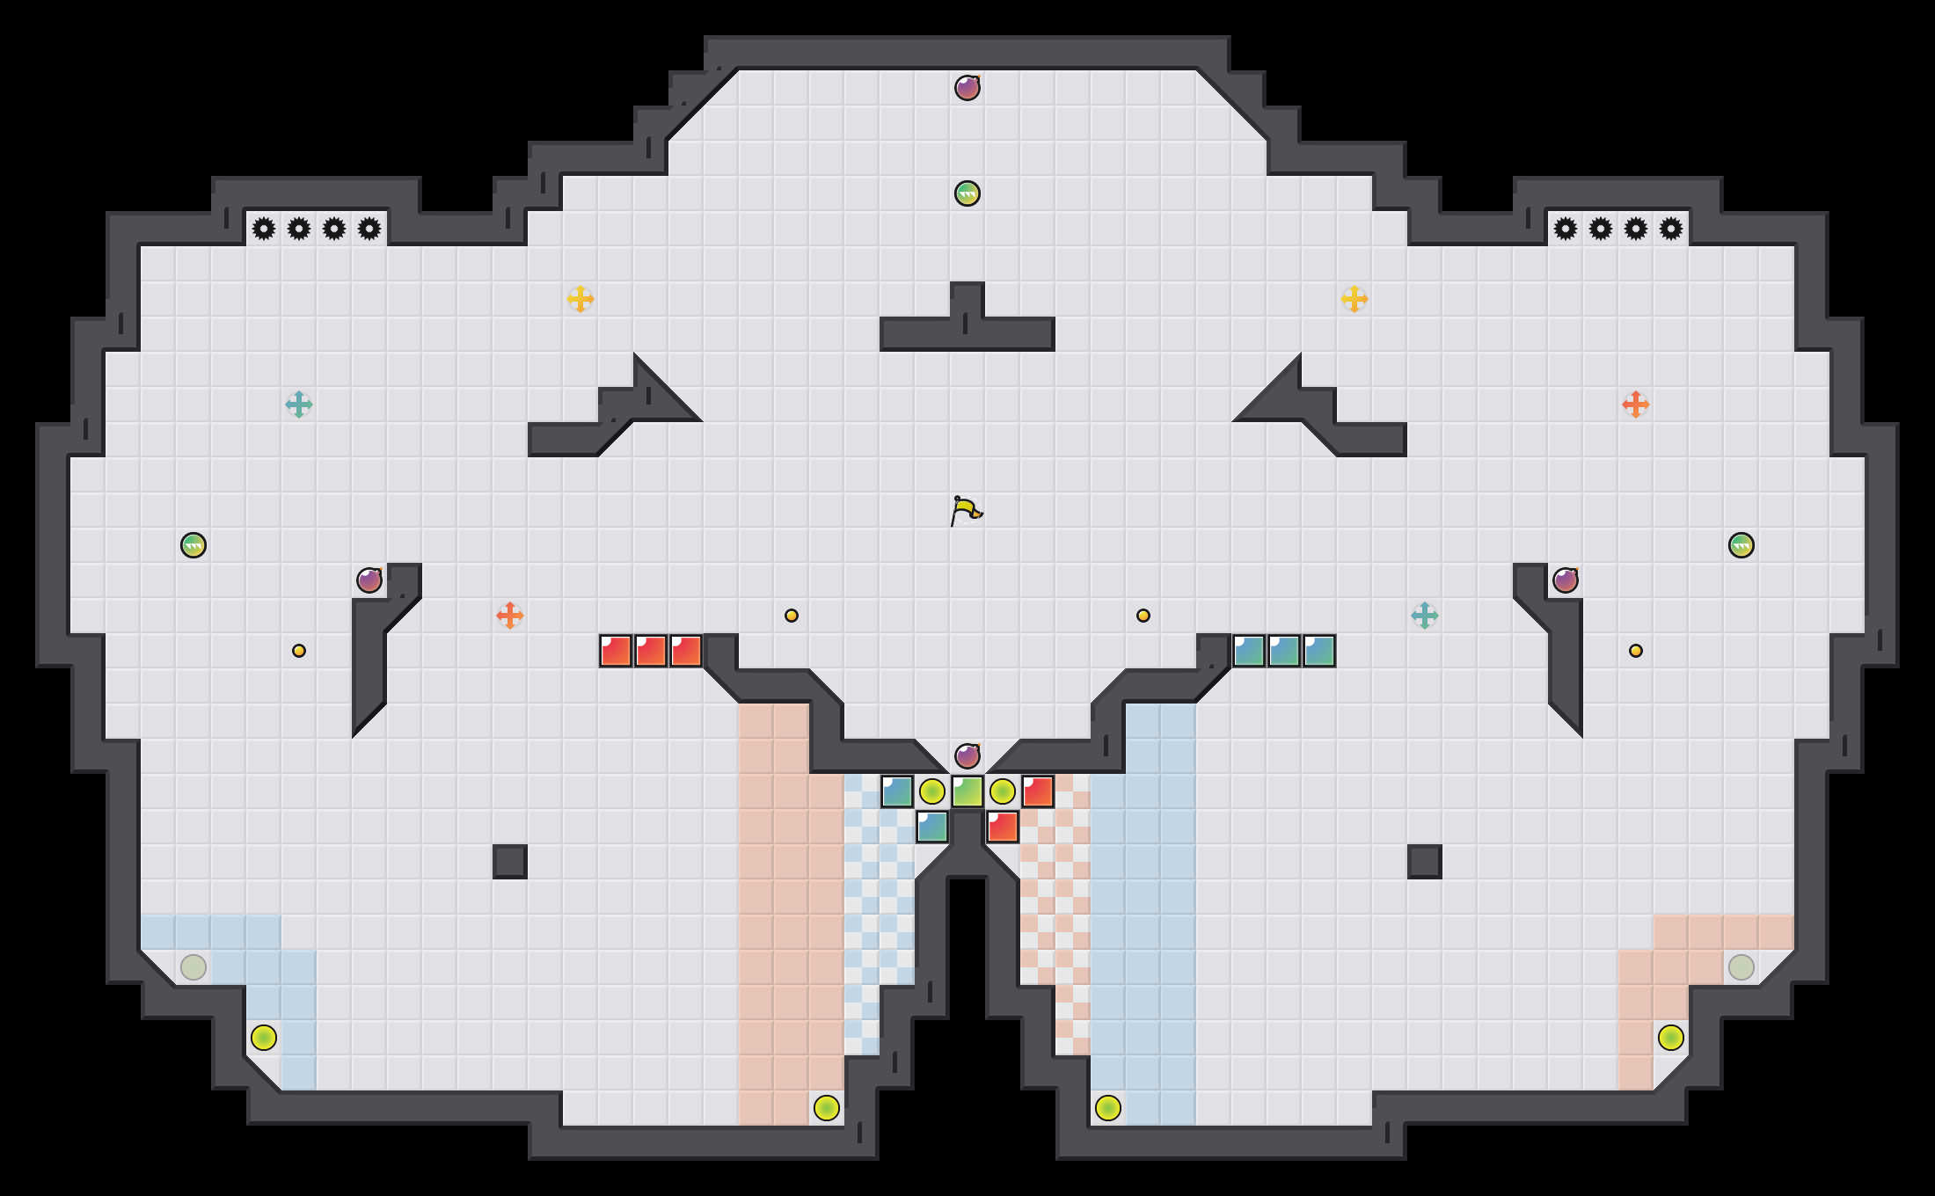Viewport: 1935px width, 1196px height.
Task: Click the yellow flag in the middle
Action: (x=966, y=510)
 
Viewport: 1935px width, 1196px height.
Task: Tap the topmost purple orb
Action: (x=967, y=88)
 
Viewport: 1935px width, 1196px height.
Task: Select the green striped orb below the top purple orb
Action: (x=967, y=193)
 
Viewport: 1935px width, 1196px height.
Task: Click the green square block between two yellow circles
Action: (x=967, y=791)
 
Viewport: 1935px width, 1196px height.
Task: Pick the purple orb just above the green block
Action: (x=967, y=756)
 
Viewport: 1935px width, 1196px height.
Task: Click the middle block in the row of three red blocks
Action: (x=651, y=651)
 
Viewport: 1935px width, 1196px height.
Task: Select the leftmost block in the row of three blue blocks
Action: (x=1249, y=651)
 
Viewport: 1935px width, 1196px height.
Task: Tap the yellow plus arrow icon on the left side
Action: (x=580, y=299)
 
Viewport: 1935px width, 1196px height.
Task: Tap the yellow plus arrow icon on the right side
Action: (x=1354, y=299)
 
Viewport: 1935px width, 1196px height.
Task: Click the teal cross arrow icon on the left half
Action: (x=299, y=405)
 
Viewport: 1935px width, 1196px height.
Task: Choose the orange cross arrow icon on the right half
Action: (x=1636, y=405)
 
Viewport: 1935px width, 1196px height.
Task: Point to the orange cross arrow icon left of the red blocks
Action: (x=510, y=616)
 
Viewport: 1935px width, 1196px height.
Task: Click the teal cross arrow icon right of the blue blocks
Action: (x=1425, y=616)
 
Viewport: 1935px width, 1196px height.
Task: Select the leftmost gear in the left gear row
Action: (x=264, y=229)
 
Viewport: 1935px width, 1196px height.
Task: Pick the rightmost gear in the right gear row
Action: (x=1671, y=229)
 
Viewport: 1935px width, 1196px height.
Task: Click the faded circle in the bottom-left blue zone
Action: (x=193, y=967)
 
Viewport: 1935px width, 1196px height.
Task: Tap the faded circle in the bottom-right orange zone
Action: (x=1741, y=967)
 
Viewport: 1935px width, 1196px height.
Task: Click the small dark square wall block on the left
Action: (x=510, y=862)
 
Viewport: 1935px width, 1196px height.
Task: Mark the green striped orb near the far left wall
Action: (x=193, y=545)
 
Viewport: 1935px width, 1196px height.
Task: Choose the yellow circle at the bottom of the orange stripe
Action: (x=827, y=1108)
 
